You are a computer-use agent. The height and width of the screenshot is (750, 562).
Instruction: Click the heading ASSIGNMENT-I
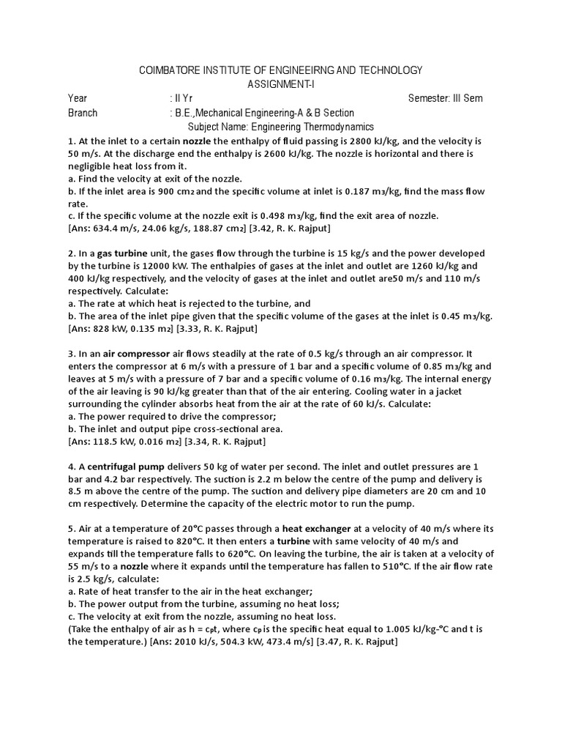tap(281, 83)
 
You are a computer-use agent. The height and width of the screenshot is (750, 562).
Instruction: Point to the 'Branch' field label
tap(83, 113)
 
